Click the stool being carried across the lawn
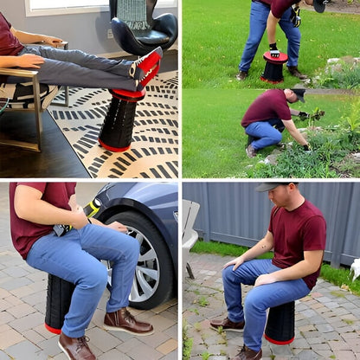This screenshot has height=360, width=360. click(x=274, y=67)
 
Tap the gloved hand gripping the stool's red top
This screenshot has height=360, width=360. click(x=274, y=49)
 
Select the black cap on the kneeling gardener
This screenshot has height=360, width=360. click(x=298, y=92)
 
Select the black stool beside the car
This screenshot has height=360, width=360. click(x=59, y=303)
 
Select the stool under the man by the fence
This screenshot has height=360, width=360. click(x=280, y=323)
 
